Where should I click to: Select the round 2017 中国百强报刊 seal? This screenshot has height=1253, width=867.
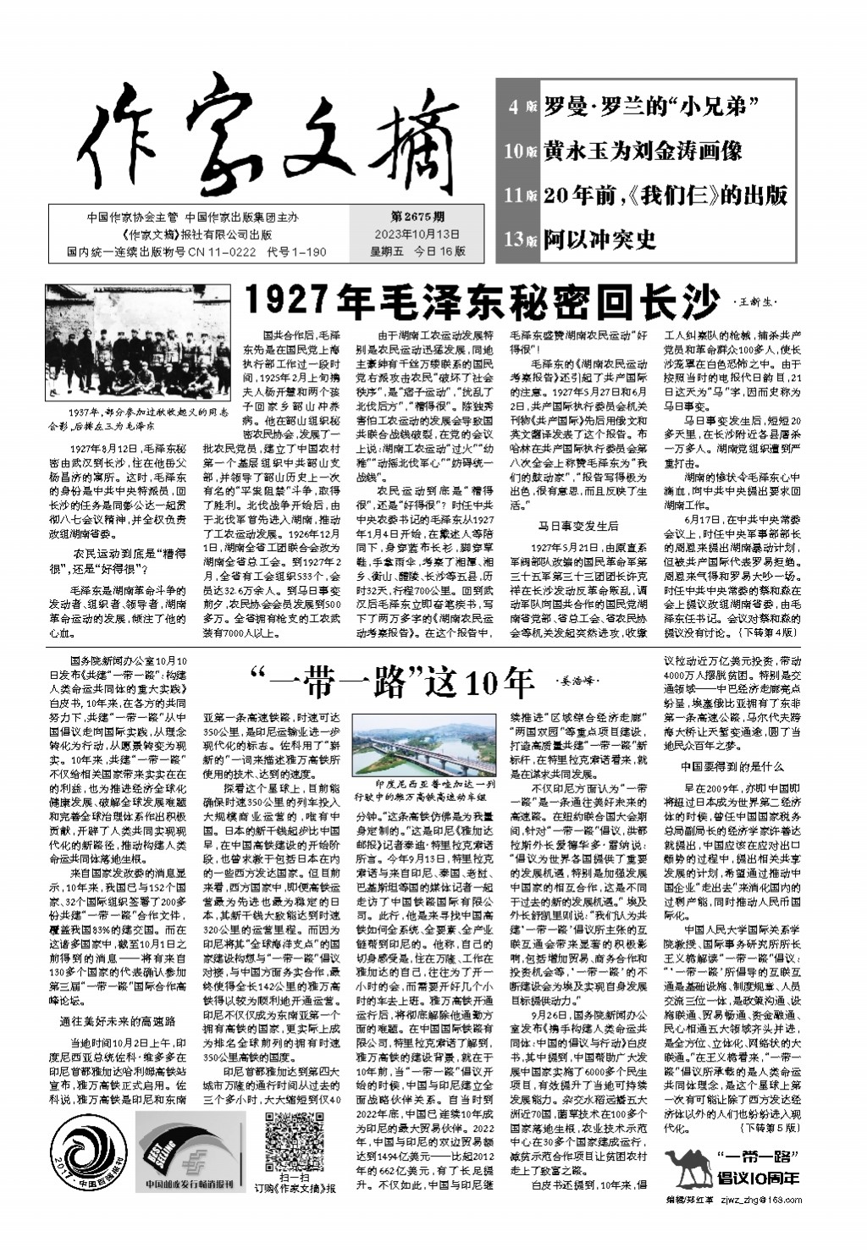coord(87,1151)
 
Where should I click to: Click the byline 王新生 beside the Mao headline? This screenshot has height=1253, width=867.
coord(753,301)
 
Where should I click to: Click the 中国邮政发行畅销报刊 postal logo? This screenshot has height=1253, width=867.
coord(191,1153)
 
